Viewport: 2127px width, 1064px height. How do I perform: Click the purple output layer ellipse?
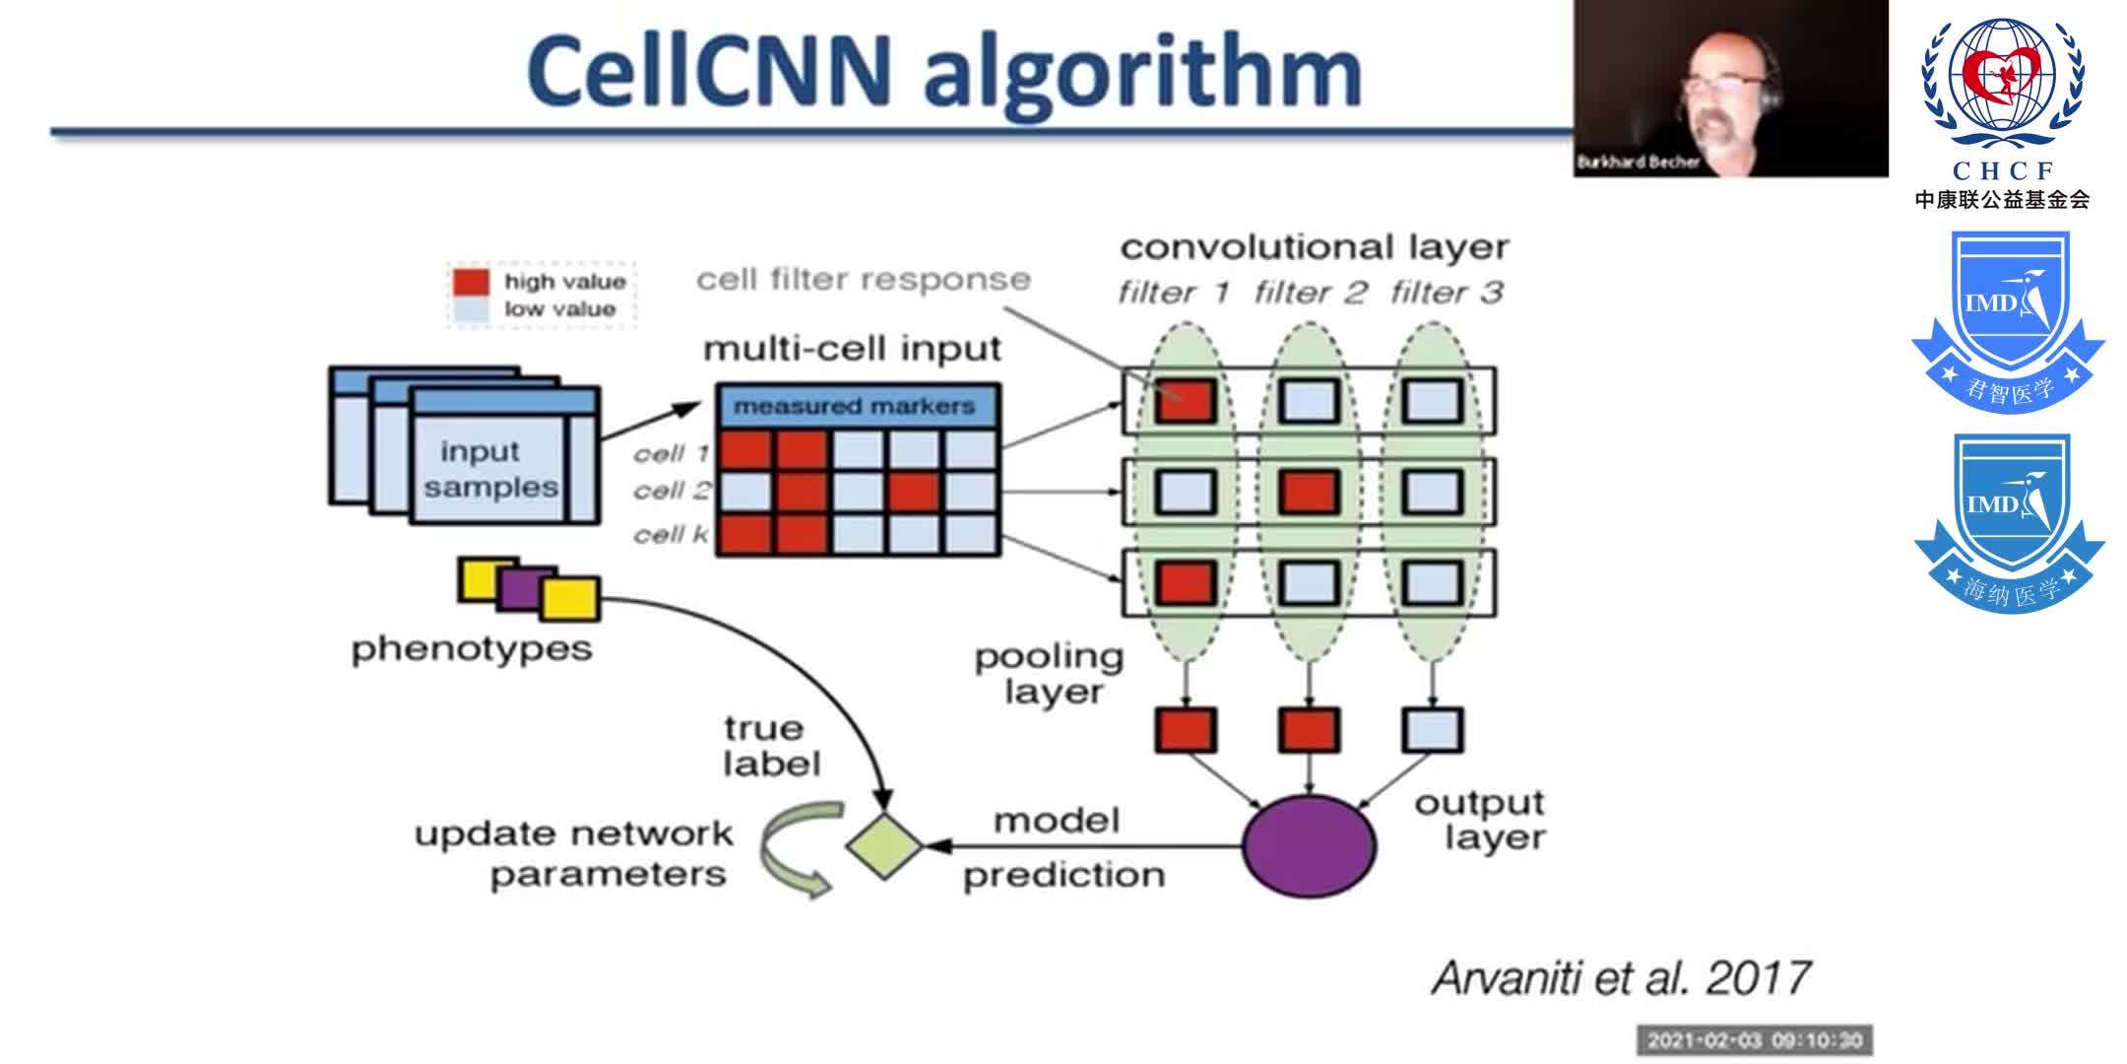[x=1309, y=846]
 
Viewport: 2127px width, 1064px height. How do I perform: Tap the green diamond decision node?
[x=883, y=845]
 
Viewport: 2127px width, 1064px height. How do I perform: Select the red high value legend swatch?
[x=471, y=282]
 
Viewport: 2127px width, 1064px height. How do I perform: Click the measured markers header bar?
[x=856, y=406]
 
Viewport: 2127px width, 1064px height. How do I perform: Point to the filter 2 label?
[x=1311, y=293]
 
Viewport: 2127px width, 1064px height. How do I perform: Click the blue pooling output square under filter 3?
[x=1432, y=731]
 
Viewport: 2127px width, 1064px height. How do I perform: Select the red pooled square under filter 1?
[x=1186, y=731]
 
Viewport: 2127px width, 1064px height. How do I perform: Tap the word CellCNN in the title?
[x=708, y=71]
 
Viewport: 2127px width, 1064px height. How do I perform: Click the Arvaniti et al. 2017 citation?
[x=1621, y=978]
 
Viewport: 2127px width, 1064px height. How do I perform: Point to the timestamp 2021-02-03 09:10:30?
[x=1755, y=1040]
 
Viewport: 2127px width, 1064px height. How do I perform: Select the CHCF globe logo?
[x=2002, y=84]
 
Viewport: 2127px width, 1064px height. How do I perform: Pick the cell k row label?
[x=671, y=535]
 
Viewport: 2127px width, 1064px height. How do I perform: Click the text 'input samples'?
[x=489, y=469]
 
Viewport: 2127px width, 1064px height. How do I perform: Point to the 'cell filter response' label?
[x=864, y=280]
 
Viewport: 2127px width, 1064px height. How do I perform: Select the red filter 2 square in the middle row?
[x=1309, y=492]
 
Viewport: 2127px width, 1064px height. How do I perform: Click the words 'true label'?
[x=771, y=746]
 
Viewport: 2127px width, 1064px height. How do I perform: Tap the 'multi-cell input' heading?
[x=852, y=349]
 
